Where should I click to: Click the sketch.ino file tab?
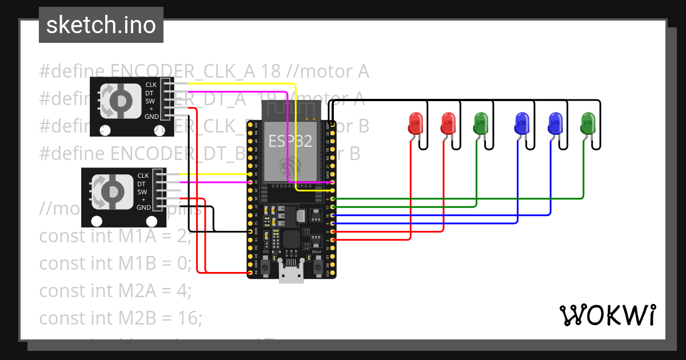tap(101, 25)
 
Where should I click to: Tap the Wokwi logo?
tap(607, 315)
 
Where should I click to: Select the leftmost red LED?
tap(416, 122)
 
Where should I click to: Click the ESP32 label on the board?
tap(290, 141)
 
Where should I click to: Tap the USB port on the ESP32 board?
tap(291, 274)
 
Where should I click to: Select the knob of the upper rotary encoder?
tap(119, 101)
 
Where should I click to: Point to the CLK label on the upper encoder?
tap(151, 85)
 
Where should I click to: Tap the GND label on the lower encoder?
tap(143, 208)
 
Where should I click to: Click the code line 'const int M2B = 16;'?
tap(121, 318)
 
